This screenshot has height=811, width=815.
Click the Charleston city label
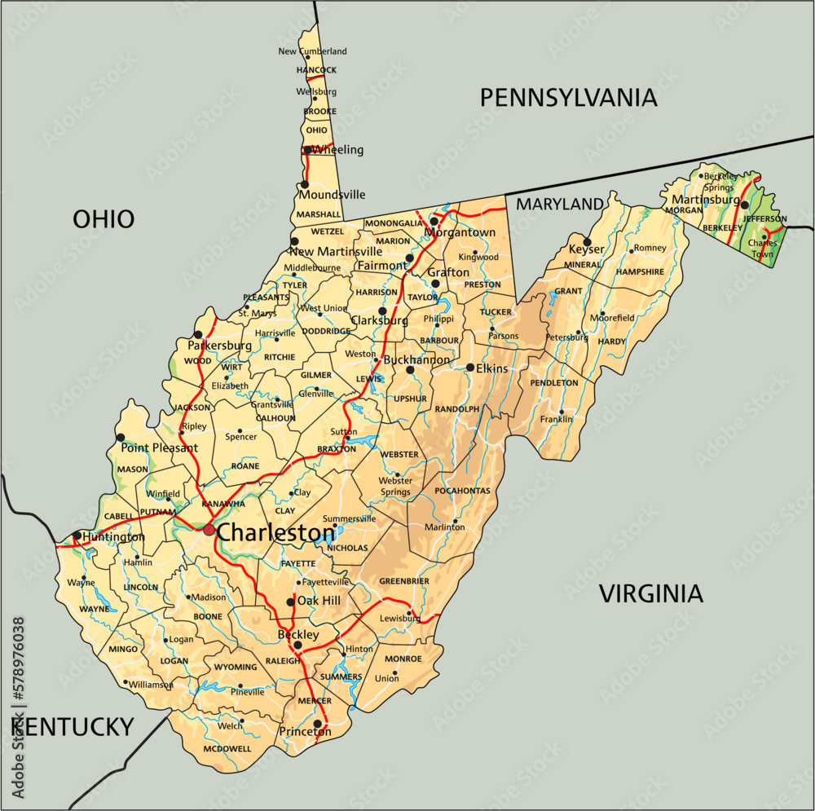pyautogui.click(x=276, y=533)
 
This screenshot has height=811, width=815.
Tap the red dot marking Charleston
pyautogui.click(x=209, y=530)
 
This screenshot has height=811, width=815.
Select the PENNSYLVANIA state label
pyautogui.click(x=568, y=98)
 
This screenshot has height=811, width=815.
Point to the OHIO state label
pyautogui.click(x=104, y=218)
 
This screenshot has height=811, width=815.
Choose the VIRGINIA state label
pyautogui.click(x=651, y=593)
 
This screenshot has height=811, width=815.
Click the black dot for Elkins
pyautogui.click(x=470, y=368)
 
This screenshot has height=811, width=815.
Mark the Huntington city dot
pyautogui.click(x=77, y=536)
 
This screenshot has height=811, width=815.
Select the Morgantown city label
pyautogui.click(x=459, y=232)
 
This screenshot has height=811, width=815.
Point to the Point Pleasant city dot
pyautogui.click(x=121, y=438)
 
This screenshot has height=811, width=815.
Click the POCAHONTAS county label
pyautogui.click(x=462, y=491)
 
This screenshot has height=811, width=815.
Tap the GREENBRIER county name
pyautogui.click(x=404, y=581)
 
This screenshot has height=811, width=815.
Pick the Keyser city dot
pyautogui.click(x=587, y=241)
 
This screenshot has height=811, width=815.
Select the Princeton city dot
pyautogui.click(x=317, y=723)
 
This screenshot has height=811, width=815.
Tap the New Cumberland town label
pyautogui.click(x=312, y=51)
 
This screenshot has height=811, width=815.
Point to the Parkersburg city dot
pyautogui.click(x=198, y=334)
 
